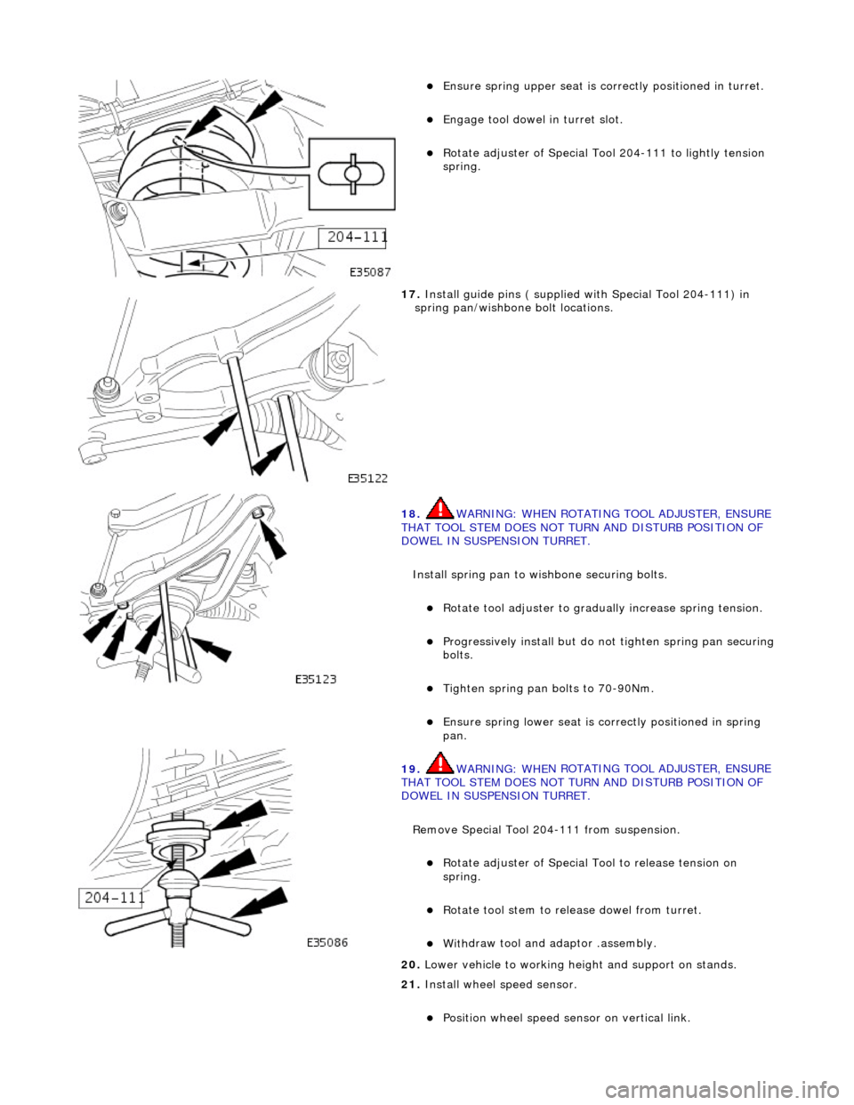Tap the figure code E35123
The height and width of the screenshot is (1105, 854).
316,679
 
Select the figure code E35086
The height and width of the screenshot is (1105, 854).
326,942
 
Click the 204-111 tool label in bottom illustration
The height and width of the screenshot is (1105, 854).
113,898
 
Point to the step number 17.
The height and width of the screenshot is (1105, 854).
410,294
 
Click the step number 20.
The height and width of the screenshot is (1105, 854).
410,965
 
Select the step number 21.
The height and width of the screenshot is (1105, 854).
410,985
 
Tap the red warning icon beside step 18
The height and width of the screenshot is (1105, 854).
439,509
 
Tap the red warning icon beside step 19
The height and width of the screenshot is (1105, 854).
439,763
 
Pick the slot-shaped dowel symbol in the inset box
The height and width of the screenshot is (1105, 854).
350,172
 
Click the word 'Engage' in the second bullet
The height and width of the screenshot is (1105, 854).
463,120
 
